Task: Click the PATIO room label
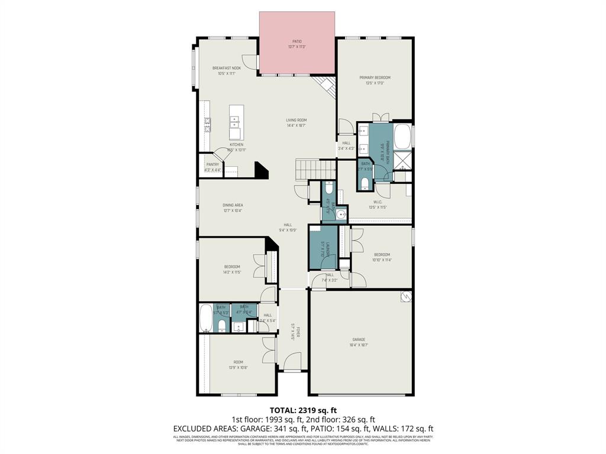[297, 41]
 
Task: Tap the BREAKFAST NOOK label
[227, 69]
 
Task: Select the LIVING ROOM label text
[296, 120]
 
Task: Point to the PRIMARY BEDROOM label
[375, 77]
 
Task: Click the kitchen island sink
[235, 122]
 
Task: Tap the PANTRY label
[212, 165]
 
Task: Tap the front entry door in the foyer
[291, 362]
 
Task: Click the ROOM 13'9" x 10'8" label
[238, 362]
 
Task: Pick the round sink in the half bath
[341, 215]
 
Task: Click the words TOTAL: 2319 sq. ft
[303, 410]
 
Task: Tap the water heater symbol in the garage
[405, 297]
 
